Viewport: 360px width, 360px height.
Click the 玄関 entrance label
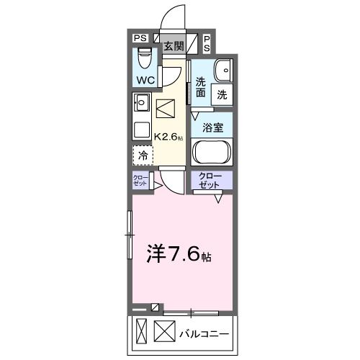pyautogui.click(x=173, y=46)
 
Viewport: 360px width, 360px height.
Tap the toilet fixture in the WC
pyautogui.click(x=143, y=55)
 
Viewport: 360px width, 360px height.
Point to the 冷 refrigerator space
pyautogui.click(x=143, y=155)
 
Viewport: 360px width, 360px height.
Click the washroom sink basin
pyautogui.click(x=222, y=70)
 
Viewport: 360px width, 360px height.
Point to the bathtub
pyautogui.click(x=212, y=153)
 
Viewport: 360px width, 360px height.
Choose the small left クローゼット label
pyautogui.click(x=140, y=182)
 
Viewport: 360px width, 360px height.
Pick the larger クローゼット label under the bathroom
pyautogui.click(x=211, y=181)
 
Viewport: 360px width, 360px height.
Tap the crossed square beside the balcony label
pyautogui.click(x=165, y=334)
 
